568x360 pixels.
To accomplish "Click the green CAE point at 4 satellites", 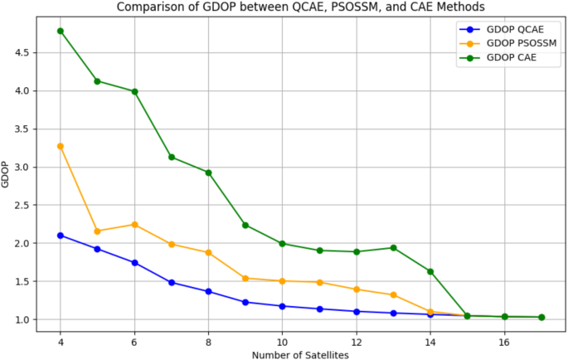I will (x=61, y=31).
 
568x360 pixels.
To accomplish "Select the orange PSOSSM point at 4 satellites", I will (x=61, y=146).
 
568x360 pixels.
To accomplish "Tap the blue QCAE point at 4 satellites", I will (x=61, y=236).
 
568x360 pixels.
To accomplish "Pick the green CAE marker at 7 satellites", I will (x=172, y=157).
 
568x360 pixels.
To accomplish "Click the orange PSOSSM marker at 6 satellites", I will (x=134, y=225).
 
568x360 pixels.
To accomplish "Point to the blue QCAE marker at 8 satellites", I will (x=208, y=291).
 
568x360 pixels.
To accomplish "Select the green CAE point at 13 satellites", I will (x=393, y=248).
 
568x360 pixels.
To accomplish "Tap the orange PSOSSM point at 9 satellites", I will (x=245, y=279).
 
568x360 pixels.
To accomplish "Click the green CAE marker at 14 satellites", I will (x=430, y=271).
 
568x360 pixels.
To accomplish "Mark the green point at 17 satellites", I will (x=541, y=317).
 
